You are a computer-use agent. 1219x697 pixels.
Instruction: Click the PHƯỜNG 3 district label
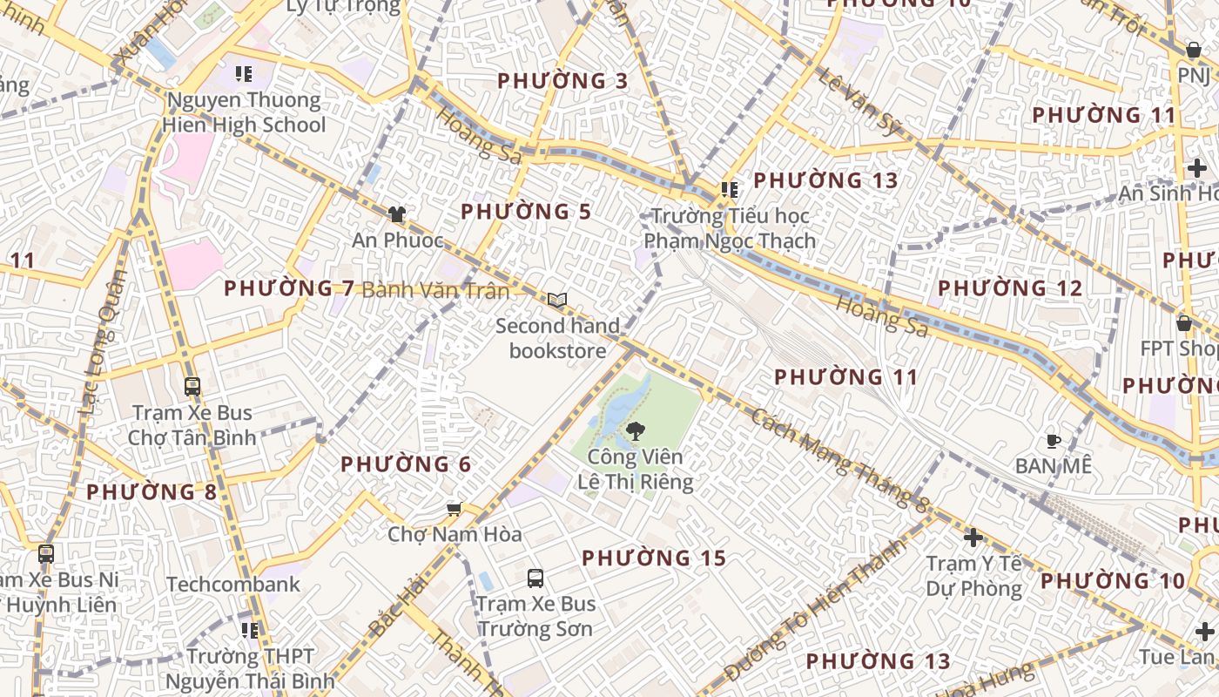562,81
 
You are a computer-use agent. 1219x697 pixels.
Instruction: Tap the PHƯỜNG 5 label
526,212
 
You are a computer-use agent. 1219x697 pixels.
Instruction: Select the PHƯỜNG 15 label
654,558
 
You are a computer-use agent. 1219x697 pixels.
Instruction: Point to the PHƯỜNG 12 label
1010,288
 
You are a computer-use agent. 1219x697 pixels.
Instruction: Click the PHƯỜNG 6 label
406,464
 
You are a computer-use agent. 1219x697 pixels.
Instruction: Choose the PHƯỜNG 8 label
152,492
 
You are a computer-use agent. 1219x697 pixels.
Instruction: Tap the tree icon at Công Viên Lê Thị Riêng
636,430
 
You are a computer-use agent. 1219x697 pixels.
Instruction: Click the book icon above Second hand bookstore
557,301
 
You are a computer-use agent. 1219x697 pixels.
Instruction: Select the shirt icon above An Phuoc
397,213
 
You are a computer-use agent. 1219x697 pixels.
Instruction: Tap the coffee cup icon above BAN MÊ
1053,441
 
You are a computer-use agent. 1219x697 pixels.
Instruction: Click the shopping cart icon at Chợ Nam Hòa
454,509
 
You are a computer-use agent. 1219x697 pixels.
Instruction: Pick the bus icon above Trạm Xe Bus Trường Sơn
535,578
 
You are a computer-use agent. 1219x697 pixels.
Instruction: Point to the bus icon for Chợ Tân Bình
192,387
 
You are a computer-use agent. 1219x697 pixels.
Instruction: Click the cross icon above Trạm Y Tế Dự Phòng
973,538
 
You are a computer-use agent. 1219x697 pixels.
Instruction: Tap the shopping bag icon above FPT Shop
1183,323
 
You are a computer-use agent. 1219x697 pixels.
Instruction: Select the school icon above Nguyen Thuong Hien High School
244,74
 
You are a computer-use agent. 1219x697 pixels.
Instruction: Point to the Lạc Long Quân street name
103,342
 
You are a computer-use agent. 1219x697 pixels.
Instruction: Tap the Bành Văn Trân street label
434,289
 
